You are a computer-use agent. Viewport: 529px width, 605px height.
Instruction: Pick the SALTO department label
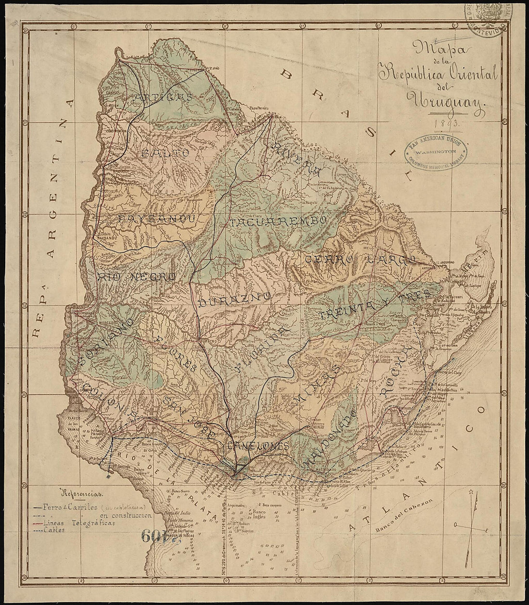(x=164, y=152)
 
